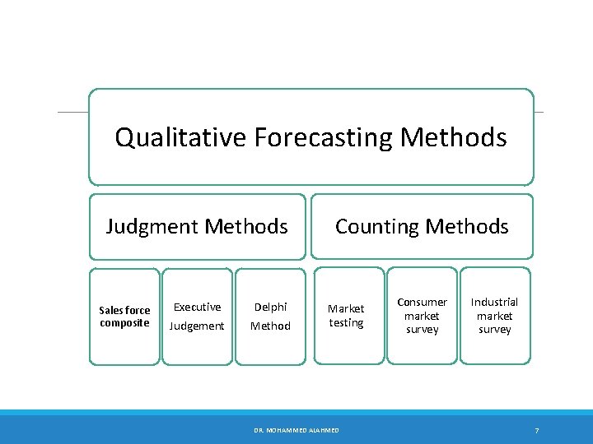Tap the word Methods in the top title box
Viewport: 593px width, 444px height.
[453, 137]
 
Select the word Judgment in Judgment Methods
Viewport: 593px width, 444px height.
[153, 226]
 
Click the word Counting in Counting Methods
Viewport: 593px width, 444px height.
[380, 226]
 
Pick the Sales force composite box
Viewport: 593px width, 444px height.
[124, 317]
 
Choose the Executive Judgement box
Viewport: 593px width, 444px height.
[197, 317]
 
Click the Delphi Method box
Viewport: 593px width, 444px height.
[270, 317]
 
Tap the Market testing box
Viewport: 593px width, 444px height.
[347, 317]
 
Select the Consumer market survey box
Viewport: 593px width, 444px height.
[422, 317]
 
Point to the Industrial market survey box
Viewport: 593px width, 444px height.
[495, 317]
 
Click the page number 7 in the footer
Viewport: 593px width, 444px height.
[536, 431]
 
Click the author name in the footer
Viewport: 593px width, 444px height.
[296, 431]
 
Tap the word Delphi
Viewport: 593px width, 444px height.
[270, 307]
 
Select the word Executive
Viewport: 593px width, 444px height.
[197, 307]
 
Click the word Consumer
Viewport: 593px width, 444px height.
[422, 302]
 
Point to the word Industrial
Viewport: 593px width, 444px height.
[495, 302]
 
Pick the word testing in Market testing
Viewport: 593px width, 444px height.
[347, 323]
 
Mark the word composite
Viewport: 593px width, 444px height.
[124, 322]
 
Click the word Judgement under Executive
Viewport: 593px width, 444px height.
[197, 326]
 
